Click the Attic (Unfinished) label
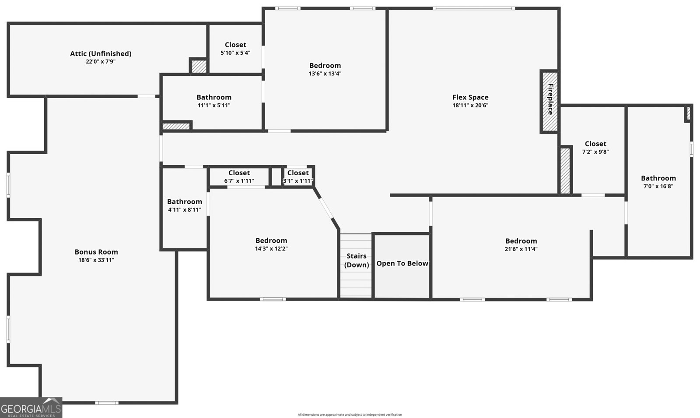101,54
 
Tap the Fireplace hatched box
549,102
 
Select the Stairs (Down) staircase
356,266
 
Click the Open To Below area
402,266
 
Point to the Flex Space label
470,97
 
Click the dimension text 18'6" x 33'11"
96,260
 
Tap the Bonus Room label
96,252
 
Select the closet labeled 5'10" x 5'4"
235,49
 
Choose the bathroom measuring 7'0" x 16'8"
658,182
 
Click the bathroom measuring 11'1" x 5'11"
214,102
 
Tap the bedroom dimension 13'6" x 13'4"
325,74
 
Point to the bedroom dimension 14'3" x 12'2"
271,249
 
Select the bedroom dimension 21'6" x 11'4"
521,249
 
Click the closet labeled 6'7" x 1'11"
239,177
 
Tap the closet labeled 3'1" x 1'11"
298,177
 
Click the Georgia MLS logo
31,407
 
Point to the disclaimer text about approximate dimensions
350,414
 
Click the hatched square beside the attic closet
199,66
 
